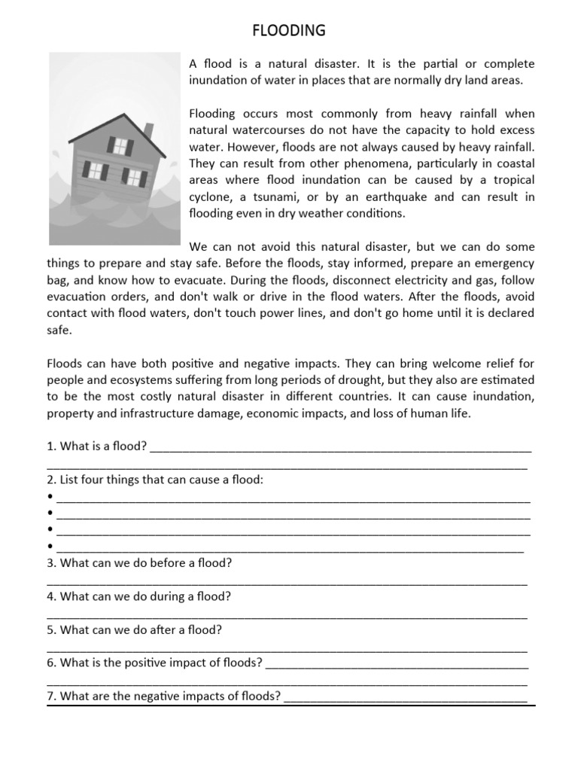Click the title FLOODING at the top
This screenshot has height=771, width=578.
pyautogui.click(x=288, y=30)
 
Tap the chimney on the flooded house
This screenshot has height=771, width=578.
pyautogui.click(x=148, y=130)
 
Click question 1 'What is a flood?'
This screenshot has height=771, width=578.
pyautogui.click(x=96, y=446)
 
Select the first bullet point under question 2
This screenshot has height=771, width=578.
pyautogui.click(x=50, y=497)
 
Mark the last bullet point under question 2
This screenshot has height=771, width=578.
pyautogui.click(x=50, y=547)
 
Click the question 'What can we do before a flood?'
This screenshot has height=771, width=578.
pyautogui.click(x=139, y=563)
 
